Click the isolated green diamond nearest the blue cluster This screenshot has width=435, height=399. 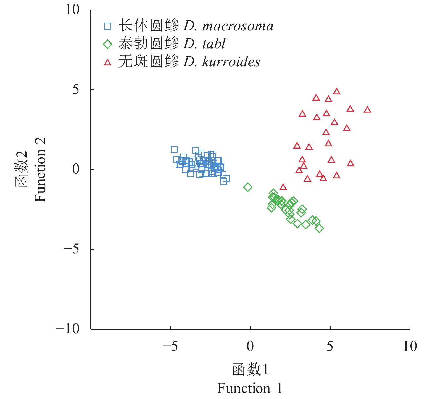248,187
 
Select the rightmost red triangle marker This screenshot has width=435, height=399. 367,110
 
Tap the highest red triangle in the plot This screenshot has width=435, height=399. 336,91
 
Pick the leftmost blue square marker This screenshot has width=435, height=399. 174,149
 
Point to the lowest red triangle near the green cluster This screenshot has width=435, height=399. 283,187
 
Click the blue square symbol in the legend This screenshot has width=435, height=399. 107,26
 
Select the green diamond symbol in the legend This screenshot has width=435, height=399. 107,44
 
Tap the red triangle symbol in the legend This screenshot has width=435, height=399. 107,63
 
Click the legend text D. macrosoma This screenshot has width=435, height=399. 228,26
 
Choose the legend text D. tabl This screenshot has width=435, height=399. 205,44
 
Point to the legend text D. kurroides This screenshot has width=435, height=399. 222,62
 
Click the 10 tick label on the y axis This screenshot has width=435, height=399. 72,10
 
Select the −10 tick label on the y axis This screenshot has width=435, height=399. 68,329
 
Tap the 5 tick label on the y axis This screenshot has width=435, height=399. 76,90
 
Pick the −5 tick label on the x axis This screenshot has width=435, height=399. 170,347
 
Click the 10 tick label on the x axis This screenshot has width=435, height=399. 410,347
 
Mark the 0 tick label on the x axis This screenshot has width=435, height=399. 250,347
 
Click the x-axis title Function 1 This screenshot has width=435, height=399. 250,388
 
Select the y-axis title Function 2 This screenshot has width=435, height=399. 40,170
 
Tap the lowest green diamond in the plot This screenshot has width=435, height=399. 319,228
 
